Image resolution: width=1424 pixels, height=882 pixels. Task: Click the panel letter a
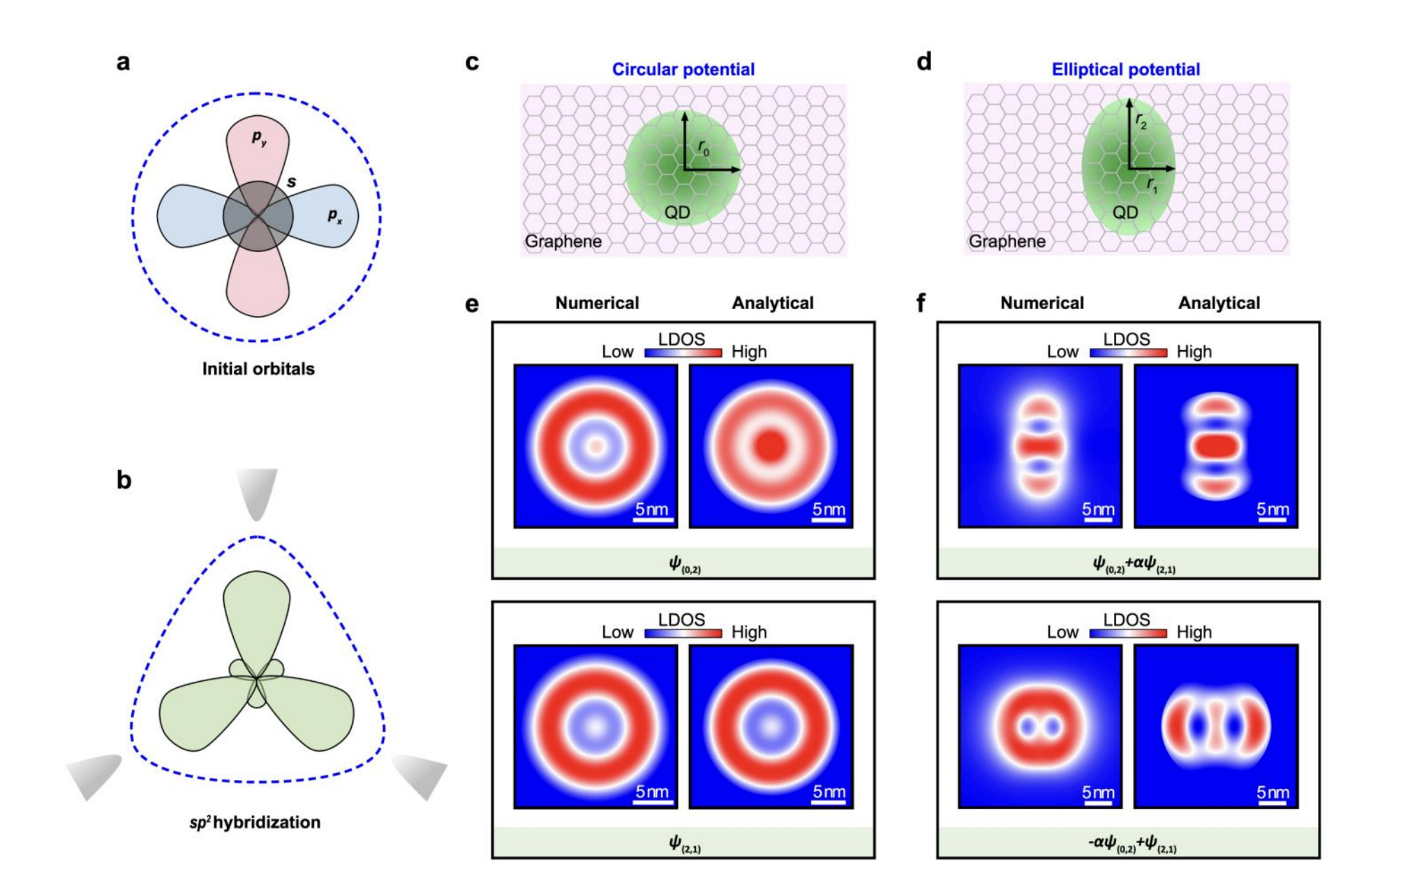point(124,63)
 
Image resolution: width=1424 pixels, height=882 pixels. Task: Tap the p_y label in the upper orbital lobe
point(259,138)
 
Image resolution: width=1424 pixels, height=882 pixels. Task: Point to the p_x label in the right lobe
point(335,216)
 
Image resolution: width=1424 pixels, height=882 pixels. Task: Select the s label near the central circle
point(291,182)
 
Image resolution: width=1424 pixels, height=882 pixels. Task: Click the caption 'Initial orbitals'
point(258,369)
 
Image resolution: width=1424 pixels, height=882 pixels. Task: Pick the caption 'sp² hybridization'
point(255,822)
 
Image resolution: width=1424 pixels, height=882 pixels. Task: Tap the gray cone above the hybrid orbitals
point(257,492)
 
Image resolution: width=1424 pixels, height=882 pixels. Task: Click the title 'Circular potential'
point(683,70)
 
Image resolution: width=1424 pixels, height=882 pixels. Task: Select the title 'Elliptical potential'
point(1125,70)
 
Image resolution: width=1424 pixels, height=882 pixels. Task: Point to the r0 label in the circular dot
point(703,148)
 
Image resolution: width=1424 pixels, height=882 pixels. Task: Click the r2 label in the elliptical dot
point(1141,121)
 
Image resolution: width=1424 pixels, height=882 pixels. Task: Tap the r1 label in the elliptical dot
point(1152,186)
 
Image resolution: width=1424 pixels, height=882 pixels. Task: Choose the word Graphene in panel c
point(563,241)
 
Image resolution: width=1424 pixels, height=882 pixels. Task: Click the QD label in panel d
point(1125,213)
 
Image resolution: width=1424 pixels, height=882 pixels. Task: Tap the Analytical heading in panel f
point(1219,303)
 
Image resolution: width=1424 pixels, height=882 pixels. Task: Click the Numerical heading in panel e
point(597,303)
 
